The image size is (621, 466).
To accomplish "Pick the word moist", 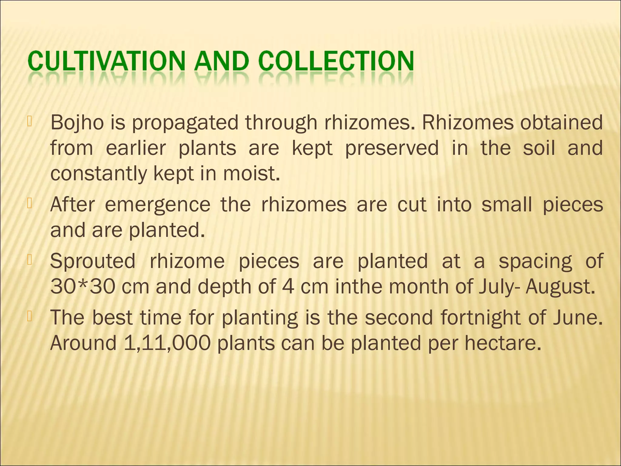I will coord(251,174).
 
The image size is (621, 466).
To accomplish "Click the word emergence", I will coord(157,205).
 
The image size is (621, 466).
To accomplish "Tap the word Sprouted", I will coord(93,262).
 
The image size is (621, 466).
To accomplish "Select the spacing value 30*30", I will coord(83,287).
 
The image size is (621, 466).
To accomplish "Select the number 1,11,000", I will coord(167,343).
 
